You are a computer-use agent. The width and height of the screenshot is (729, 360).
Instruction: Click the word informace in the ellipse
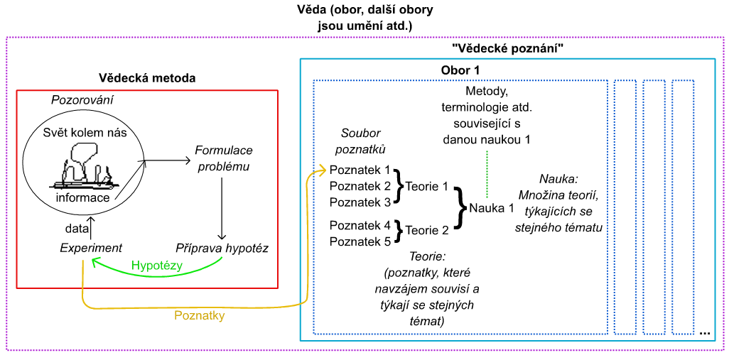tap(83, 197)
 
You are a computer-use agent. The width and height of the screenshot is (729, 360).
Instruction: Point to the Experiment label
tap(91, 248)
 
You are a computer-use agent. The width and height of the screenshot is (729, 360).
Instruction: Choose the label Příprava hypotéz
tap(221, 248)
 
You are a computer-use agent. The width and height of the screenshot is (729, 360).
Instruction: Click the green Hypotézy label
tap(157, 266)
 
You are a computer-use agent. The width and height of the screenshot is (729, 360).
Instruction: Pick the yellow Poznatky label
tap(200, 315)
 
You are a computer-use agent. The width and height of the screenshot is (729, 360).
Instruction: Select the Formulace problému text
tap(224, 159)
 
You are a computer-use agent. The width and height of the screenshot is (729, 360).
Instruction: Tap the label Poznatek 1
tap(360, 170)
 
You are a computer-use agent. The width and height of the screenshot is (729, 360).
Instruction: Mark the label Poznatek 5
tap(360, 241)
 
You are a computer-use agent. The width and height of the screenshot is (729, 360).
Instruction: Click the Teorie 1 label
tap(426, 187)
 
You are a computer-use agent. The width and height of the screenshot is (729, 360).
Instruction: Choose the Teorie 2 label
tap(426, 229)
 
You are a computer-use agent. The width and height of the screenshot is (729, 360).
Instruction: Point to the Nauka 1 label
tap(491, 208)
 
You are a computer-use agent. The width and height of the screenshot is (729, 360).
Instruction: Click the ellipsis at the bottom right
tap(705, 332)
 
